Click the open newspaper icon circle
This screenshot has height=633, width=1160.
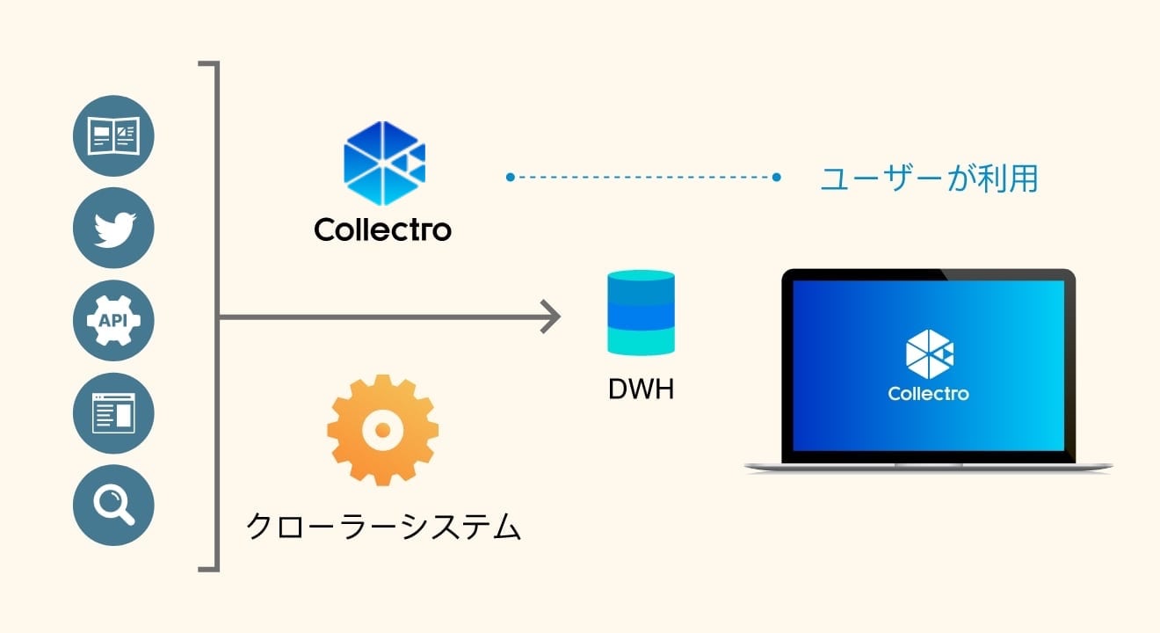click(x=113, y=135)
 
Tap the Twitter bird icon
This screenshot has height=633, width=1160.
click(x=113, y=228)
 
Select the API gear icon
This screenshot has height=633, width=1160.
click(x=113, y=320)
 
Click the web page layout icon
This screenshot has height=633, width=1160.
click(x=113, y=413)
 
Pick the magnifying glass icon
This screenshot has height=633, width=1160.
click(x=113, y=505)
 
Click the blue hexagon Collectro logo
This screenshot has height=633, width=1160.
click(x=384, y=164)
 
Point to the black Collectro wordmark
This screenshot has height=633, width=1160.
click(x=382, y=229)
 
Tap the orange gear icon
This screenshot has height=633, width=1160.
click(x=382, y=430)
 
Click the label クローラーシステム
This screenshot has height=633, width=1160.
click(x=383, y=527)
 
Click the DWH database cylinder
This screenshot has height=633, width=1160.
click(x=642, y=313)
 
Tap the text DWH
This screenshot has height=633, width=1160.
click(x=642, y=389)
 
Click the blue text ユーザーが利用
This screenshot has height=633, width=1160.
click(x=930, y=178)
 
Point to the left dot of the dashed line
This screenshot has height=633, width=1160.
click(x=510, y=178)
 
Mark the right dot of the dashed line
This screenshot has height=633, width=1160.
click(x=776, y=178)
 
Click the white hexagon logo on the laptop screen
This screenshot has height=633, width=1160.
click(x=930, y=354)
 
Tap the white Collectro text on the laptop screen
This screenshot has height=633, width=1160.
click(x=929, y=394)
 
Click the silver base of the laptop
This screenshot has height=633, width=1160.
click(x=929, y=467)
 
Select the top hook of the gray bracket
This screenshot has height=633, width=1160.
click(x=208, y=63)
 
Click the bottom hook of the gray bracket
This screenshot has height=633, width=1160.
click(x=208, y=570)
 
